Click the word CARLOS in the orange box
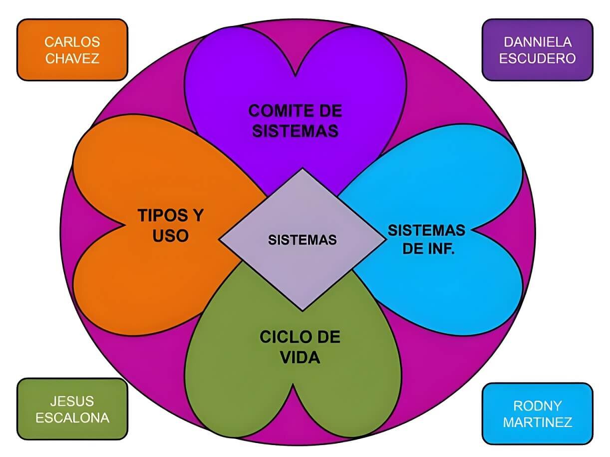click(72, 41)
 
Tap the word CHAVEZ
click(72, 58)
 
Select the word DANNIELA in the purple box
click(538, 41)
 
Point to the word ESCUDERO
click(538, 58)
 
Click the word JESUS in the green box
click(72, 401)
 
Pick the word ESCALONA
click(72, 417)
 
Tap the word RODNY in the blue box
click(537, 405)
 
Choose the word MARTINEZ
click(537, 422)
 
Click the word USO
click(170, 235)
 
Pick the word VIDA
click(300, 357)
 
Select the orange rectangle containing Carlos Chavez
click(72, 49)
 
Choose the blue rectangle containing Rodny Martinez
click(537, 414)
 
